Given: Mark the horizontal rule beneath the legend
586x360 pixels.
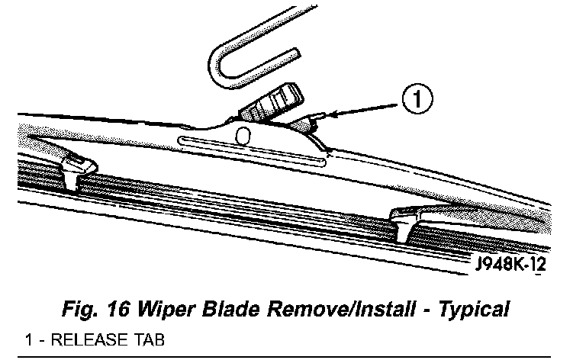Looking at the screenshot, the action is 293,357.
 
